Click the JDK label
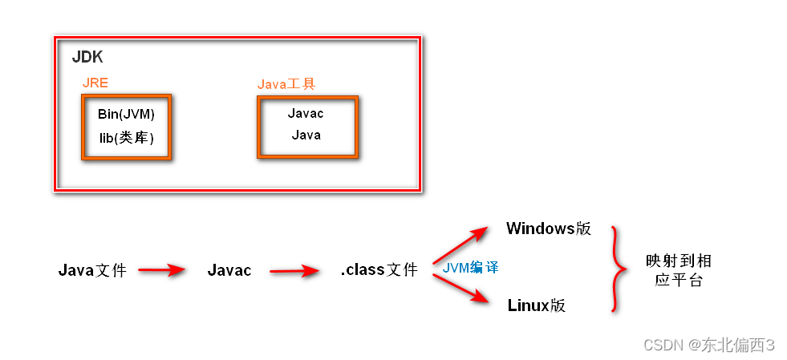coord(87,58)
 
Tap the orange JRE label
coord(95,83)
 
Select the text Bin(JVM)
coord(126,114)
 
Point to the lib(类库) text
coord(126,138)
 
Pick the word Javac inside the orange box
coord(306,113)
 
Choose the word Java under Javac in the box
coord(306,135)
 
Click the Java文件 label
coord(92,270)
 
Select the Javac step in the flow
coord(229,270)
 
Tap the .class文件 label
coord(379,270)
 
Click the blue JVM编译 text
coord(470,267)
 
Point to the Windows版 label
coord(549,229)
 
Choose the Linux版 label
coord(537,305)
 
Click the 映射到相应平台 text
coord(678,270)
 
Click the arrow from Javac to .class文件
coord(296,271)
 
